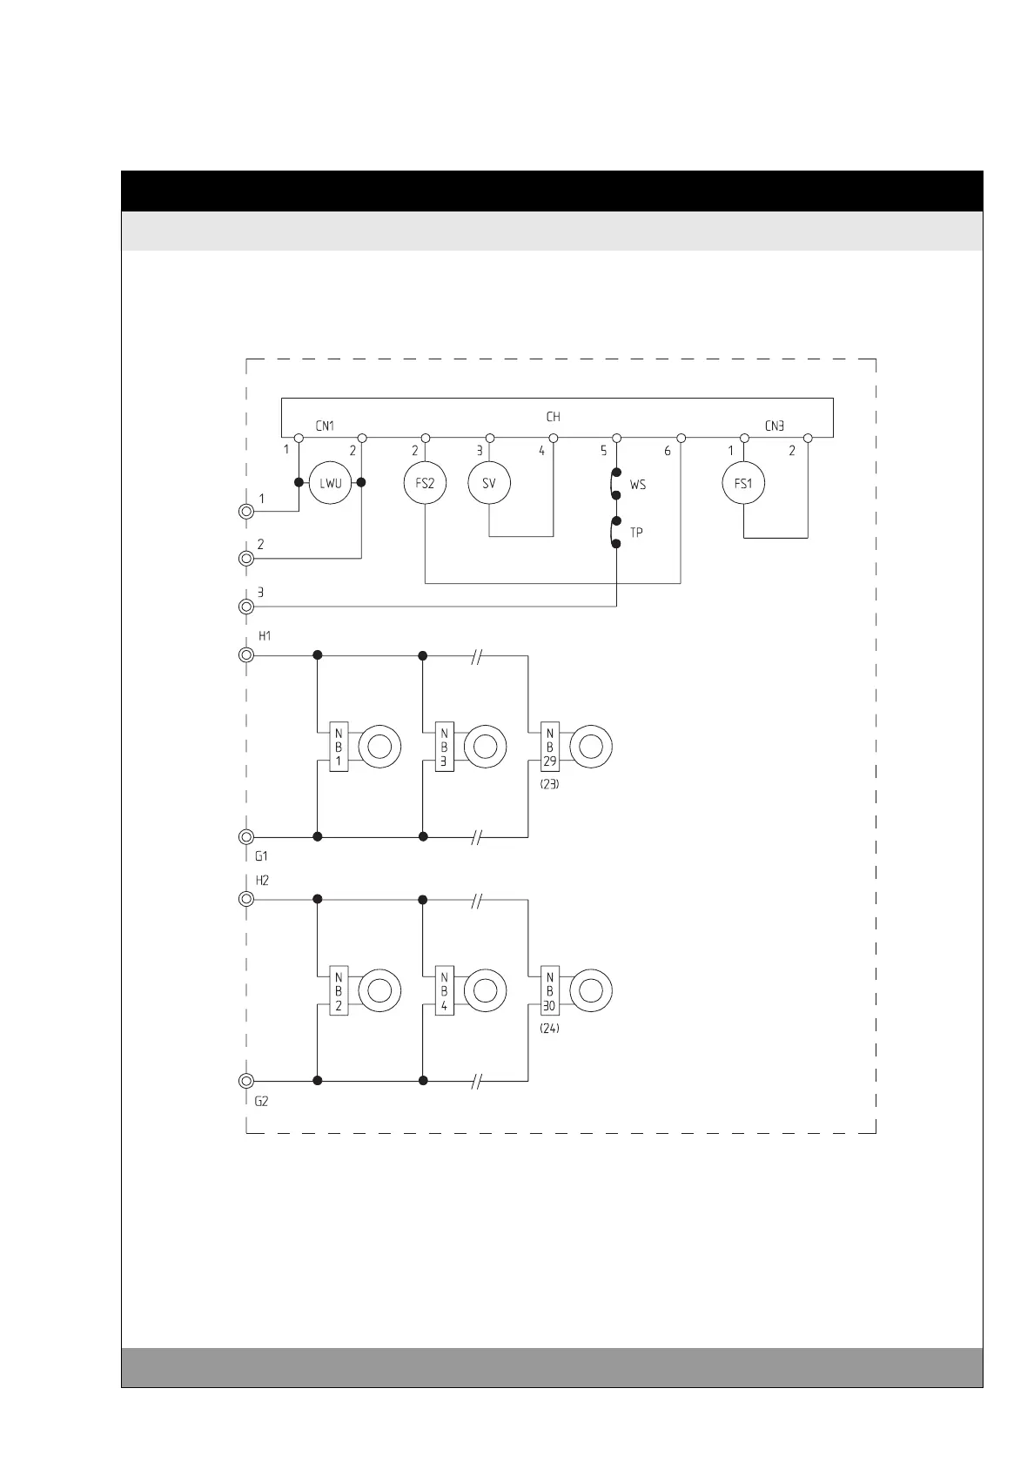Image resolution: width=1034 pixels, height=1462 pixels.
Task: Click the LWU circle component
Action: click(331, 482)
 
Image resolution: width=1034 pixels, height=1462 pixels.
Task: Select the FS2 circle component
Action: click(425, 482)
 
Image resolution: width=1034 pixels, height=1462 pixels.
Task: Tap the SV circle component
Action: click(489, 482)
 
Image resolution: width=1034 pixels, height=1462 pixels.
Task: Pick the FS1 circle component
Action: click(743, 482)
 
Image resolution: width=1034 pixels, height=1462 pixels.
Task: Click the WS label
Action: click(638, 485)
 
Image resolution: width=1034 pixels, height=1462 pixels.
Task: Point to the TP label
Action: click(636, 533)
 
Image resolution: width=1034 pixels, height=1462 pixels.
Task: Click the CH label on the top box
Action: click(554, 417)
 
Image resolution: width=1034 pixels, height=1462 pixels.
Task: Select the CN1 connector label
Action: click(325, 426)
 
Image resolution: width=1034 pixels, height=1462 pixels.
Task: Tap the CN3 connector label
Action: click(775, 426)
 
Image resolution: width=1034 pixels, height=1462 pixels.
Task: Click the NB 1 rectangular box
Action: click(339, 747)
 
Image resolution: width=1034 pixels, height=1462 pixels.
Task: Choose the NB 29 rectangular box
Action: click(550, 747)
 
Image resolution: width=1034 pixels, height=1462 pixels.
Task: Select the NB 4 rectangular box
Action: click(444, 990)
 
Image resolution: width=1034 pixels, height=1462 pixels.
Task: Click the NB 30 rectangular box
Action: click(550, 990)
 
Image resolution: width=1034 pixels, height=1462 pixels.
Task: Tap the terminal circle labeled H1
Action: click(246, 654)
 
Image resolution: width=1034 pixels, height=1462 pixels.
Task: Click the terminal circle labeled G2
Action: click(246, 1081)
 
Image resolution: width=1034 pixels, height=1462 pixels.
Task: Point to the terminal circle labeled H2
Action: click(246, 899)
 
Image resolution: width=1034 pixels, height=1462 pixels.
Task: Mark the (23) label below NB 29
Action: click(549, 783)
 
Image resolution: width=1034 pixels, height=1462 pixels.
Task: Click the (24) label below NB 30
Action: click(549, 1028)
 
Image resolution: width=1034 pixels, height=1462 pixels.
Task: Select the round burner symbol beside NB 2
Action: click(379, 990)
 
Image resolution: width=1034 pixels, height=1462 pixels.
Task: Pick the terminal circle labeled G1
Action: click(246, 836)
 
